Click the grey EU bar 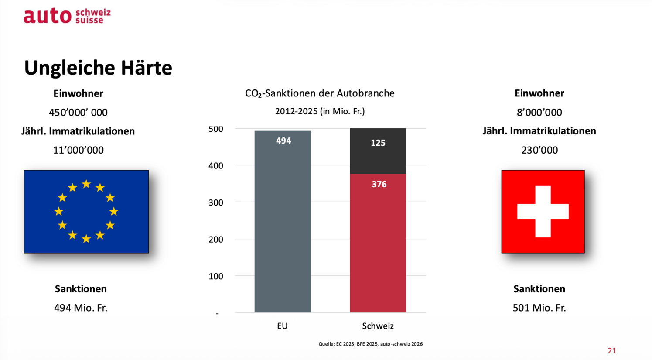point(282,222)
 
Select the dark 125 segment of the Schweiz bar point(378,151)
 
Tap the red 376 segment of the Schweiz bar point(378,243)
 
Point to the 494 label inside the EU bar point(283,141)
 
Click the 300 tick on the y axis point(216,202)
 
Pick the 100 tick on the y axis point(216,276)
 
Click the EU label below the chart point(282,326)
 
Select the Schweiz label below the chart point(378,326)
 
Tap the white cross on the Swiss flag point(543,212)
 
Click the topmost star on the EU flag point(86,184)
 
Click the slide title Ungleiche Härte point(98,68)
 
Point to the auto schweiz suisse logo point(67,16)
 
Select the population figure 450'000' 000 point(79,113)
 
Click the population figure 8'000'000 point(539,113)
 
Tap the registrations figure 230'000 point(539,150)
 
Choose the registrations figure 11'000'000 point(79,150)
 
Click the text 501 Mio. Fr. point(539,308)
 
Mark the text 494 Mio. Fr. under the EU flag point(81,308)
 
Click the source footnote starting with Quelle point(371,344)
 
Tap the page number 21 point(612,351)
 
